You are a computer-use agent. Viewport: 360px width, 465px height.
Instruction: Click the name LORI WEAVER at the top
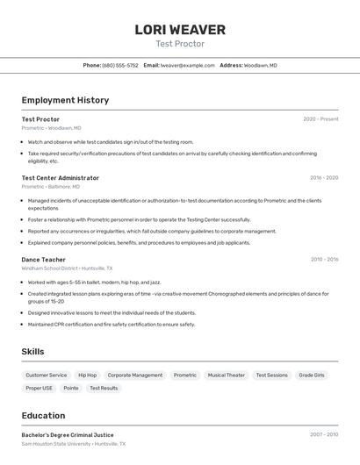pos(180,30)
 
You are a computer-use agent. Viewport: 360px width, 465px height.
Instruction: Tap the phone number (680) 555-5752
pos(120,66)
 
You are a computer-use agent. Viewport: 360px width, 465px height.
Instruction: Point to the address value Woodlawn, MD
pos(261,66)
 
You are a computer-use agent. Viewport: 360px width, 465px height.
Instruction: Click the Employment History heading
pos(65,100)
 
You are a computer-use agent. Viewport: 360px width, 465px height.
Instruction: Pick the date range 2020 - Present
pos(320,119)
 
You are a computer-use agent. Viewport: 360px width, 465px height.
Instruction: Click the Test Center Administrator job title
pos(60,178)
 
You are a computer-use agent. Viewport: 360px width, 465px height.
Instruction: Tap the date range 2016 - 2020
pos(324,178)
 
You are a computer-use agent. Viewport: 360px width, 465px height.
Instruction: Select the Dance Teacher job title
pos(43,260)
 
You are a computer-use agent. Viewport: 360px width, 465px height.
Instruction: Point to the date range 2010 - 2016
pos(324,260)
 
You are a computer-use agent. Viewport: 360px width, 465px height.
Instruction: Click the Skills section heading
pos(33,352)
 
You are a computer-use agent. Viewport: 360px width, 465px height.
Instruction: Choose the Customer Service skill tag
pos(47,376)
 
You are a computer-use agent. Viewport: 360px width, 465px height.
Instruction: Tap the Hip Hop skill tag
pos(87,376)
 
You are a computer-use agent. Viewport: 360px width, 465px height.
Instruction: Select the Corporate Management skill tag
pos(134,376)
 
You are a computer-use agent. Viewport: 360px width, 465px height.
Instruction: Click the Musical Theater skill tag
pos(226,376)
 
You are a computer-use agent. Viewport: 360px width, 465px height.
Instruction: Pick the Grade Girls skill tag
pos(312,376)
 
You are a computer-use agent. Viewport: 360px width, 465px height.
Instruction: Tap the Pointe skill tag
pos(71,388)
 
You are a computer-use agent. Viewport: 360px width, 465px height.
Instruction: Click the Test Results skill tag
pos(104,388)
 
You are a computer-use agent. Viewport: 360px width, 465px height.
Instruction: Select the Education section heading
pos(43,416)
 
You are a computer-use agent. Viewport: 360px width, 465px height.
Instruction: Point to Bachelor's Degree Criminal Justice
pos(68,435)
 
